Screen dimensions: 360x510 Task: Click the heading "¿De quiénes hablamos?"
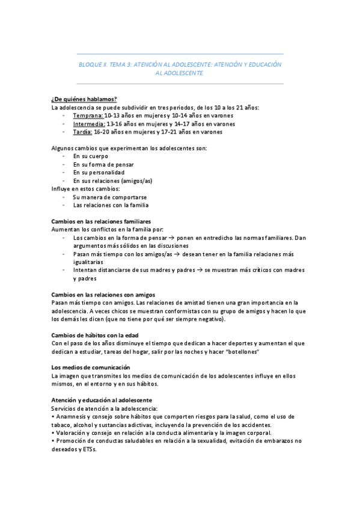[84, 99]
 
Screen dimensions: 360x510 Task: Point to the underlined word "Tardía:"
[84, 132]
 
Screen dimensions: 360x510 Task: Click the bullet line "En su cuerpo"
[91, 156]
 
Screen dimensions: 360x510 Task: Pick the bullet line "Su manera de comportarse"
[110, 197]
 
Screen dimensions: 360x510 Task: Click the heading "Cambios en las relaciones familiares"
[101, 221]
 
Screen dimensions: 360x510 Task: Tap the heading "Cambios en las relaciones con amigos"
[103, 295]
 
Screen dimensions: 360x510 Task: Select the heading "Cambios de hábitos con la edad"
[95, 334]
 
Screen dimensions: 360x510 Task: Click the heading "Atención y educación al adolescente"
[102, 400]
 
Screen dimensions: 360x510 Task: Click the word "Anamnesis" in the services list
[72, 416]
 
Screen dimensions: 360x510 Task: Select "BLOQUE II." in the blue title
[95, 64]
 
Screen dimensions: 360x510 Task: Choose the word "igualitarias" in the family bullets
[90, 262]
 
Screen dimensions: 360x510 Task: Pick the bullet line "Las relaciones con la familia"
[111, 204]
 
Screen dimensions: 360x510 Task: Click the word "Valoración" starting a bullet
[72, 432]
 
